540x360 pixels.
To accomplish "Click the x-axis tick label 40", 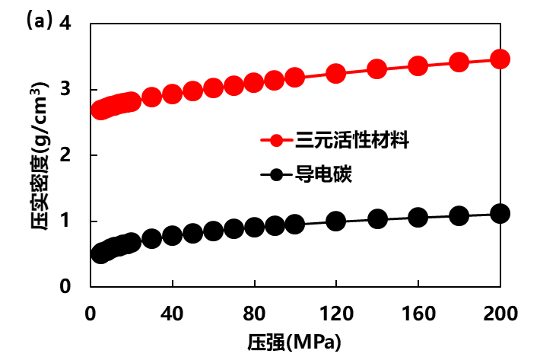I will coord(172,313).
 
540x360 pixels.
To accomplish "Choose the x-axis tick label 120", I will coord(335,313).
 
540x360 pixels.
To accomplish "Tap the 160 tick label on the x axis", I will coord(418,313).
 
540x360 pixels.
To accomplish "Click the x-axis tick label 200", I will coord(500,313).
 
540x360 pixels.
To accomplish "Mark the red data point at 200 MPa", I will coord(500,59).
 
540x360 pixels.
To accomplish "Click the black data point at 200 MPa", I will coord(500,213).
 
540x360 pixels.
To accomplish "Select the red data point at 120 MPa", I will coord(335,74).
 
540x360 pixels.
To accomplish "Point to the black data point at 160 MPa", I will coord(418,218).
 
